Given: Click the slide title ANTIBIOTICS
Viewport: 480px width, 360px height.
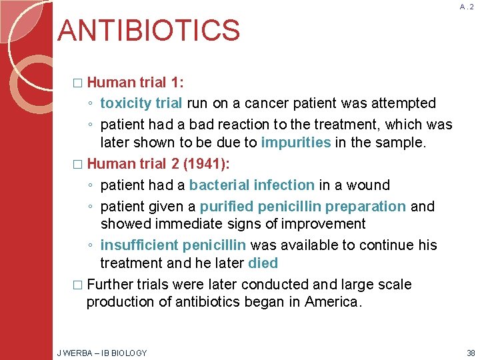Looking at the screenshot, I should (149, 31).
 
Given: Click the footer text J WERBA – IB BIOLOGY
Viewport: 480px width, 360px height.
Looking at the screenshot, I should (103, 353).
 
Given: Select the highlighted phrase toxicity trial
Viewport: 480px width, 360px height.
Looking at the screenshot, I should (141, 103).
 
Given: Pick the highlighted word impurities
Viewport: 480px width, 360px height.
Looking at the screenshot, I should (296, 142).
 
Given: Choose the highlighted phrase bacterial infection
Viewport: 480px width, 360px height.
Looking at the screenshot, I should (252, 185).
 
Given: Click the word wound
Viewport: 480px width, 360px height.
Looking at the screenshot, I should (370, 185).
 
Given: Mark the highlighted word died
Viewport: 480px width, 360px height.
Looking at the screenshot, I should (262, 263).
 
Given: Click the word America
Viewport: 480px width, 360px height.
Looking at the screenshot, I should (333, 301).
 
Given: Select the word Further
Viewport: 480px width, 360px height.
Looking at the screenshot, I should (110, 285).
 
